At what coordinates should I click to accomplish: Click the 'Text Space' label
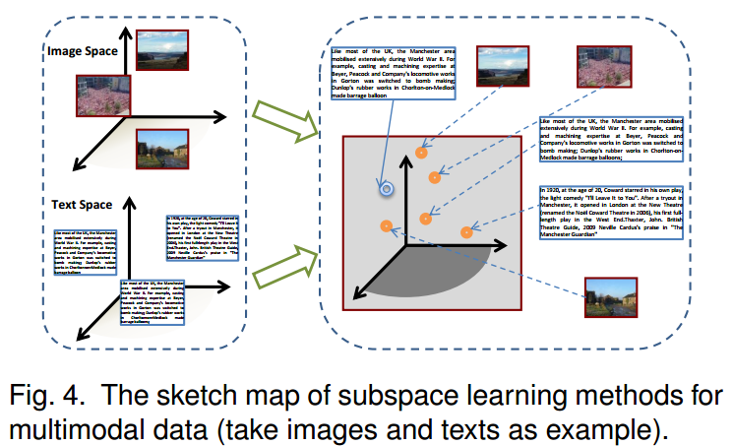(79, 204)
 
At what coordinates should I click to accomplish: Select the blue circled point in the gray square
(387, 187)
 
